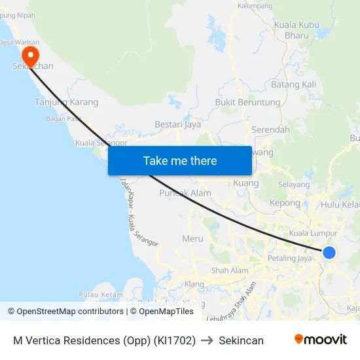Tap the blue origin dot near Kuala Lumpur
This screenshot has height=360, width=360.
[329, 253]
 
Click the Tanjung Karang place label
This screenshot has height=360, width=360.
[66, 102]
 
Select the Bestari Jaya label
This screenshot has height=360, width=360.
[177, 124]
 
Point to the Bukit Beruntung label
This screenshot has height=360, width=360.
[247, 103]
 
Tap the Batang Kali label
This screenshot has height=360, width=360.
[293, 84]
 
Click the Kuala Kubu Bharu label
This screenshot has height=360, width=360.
[297, 29]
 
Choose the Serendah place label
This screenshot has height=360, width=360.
[270, 130]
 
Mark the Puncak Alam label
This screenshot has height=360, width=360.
[185, 193]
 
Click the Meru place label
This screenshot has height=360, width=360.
[192, 238]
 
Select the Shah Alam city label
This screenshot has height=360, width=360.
[230, 270]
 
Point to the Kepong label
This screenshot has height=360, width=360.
[285, 204]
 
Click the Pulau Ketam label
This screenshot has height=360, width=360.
[101, 295]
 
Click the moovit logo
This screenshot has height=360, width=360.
[320, 340]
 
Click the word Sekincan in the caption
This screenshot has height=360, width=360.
[241, 340]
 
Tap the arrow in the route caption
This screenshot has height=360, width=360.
[207, 340]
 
